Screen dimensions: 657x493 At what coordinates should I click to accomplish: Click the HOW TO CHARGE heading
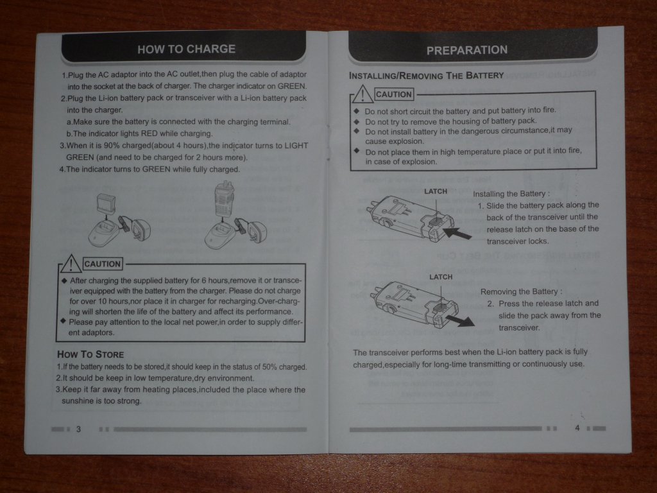tap(187, 49)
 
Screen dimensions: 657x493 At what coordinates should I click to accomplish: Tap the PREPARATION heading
tap(467, 50)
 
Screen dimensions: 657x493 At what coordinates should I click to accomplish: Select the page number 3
tap(78, 429)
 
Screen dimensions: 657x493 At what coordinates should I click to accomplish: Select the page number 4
tap(577, 428)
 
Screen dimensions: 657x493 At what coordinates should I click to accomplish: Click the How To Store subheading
tap(90, 354)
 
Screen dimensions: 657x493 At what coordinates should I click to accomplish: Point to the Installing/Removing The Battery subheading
tap(426, 76)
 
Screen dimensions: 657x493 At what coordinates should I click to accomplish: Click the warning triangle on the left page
tap(71, 264)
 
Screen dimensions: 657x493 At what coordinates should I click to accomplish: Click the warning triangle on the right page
tap(363, 94)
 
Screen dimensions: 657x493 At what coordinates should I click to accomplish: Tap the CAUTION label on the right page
tap(394, 94)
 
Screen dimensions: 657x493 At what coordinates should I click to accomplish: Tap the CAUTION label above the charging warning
tap(103, 264)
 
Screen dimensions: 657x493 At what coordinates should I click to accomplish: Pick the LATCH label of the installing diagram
tap(436, 191)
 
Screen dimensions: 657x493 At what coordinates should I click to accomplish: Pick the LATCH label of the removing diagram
tap(441, 277)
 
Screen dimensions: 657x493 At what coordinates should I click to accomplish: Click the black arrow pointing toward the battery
tap(457, 232)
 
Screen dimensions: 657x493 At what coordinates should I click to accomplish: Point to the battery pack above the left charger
tap(106, 204)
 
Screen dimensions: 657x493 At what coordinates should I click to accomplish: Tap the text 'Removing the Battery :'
tap(521, 291)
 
